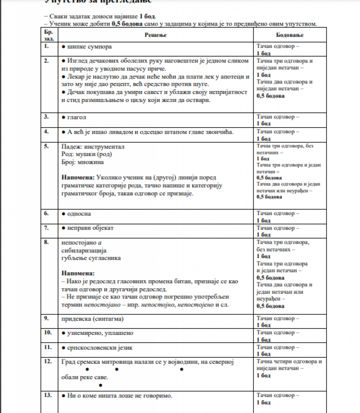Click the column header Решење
[x=155, y=35]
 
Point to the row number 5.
[x=47, y=146]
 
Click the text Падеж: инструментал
[x=93, y=147]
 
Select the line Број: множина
[x=82, y=162]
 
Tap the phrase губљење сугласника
[x=91, y=258]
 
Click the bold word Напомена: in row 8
[x=78, y=273]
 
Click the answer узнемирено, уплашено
[x=97, y=333]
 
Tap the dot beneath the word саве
[x=100, y=385]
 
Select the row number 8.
[x=47, y=242]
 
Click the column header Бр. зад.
[x=48, y=35]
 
